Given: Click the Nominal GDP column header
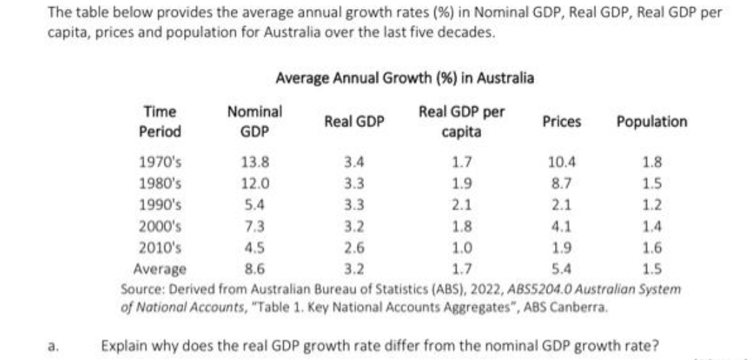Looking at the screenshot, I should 254,121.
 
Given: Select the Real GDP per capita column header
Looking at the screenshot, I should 462,121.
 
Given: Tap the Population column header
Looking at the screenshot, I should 651,121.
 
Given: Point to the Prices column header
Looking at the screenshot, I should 561,121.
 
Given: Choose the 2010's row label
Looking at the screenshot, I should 161,248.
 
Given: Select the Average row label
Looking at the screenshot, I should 160,269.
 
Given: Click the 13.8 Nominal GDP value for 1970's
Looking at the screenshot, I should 254,163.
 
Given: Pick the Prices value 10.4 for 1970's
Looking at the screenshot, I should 562,163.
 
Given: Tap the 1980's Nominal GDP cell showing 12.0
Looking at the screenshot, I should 254,185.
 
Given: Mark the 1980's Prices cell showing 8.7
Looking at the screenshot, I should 562,185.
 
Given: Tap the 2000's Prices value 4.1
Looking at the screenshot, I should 562,227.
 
